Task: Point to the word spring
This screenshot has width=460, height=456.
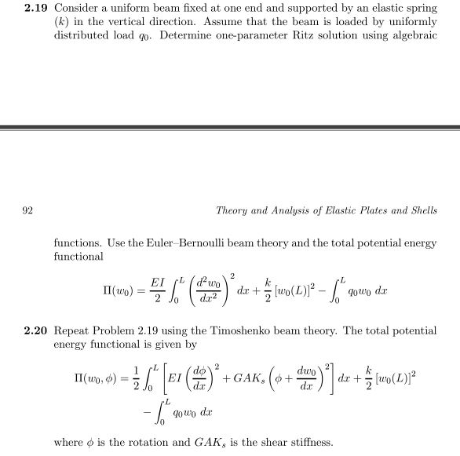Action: pyautogui.click(x=421, y=7)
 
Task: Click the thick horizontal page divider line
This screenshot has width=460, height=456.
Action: pyautogui.click(x=230, y=127)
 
